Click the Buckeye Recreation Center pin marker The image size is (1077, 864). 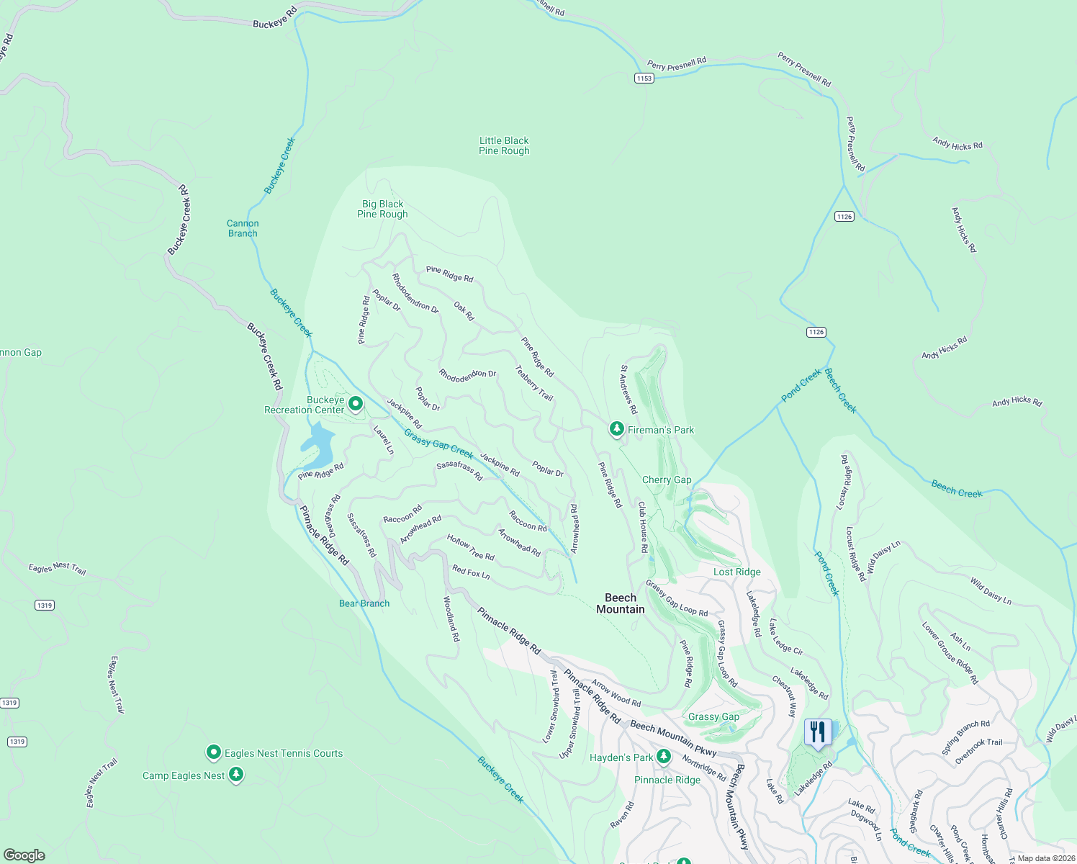(x=355, y=404)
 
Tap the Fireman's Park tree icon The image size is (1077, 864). (x=616, y=429)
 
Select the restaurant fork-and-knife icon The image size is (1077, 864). (x=817, y=733)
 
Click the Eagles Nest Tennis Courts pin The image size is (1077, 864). (x=213, y=752)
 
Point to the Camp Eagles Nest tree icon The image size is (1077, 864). (x=236, y=775)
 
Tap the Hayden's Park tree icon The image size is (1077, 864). (x=664, y=757)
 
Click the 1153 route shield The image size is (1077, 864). (x=644, y=78)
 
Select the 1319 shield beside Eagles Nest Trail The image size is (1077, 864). (x=45, y=605)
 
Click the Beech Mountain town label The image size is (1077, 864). (x=620, y=603)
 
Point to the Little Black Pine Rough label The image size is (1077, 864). (x=504, y=145)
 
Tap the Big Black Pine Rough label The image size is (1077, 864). (x=382, y=209)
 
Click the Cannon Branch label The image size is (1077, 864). (x=243, y=228)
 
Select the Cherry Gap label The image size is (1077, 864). (x=667, y=480)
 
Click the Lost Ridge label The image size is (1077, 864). (x=736, y=572)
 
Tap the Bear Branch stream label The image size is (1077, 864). (x=364, y=603)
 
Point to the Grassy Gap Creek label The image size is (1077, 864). (x=438, y=444)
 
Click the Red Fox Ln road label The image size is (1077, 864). (x=471, y=572)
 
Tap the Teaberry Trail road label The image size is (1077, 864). (x=534, y=383)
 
